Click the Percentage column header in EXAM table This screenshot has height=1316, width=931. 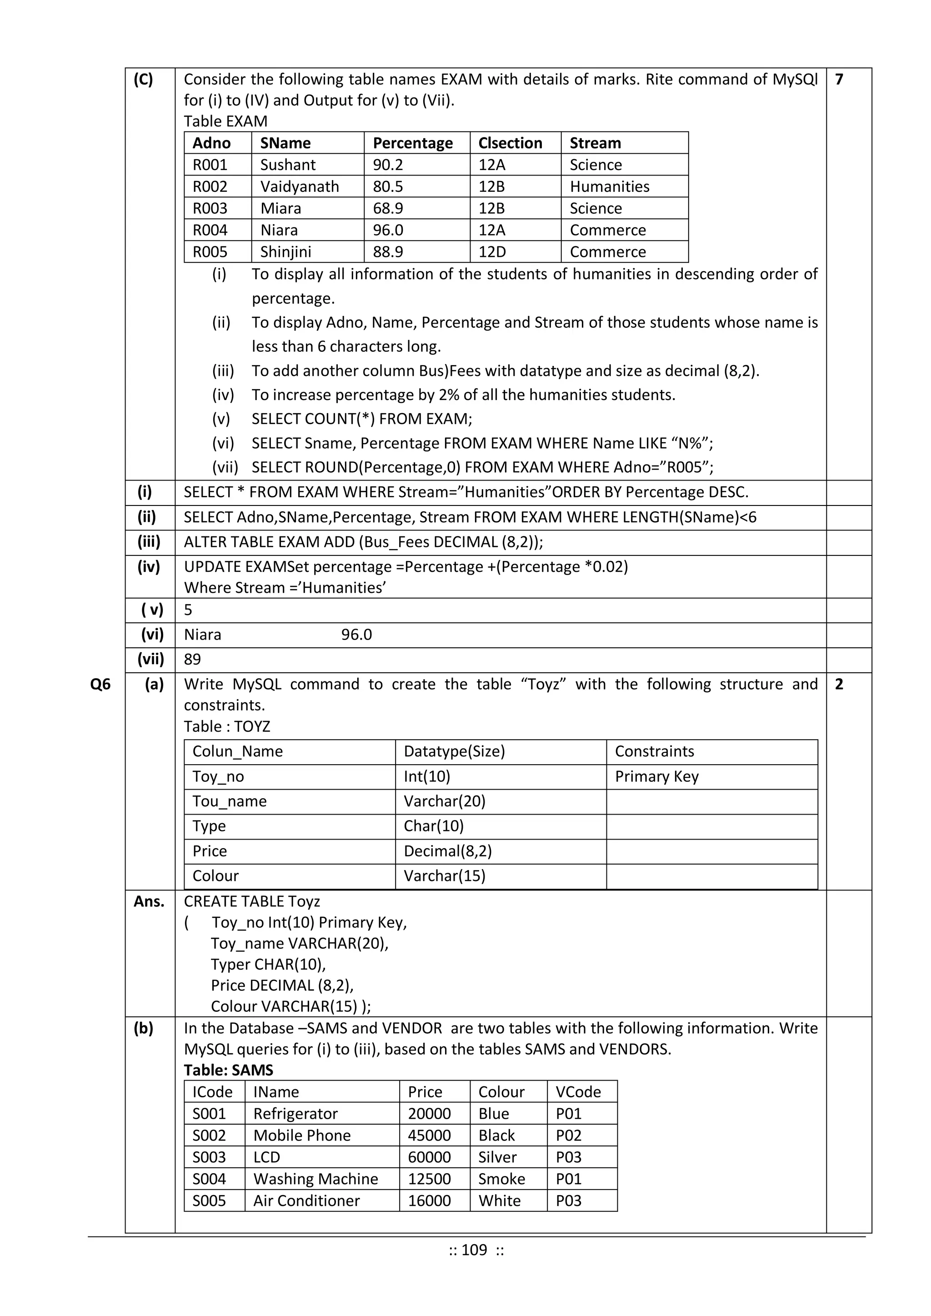pyautogui.click(x=412, y=143)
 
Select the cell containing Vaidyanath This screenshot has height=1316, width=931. pyautogui.click(x=299, y=186)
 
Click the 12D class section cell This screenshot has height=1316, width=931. pyautogui.click(x=492, y=252)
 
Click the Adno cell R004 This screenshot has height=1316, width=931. pyautogui.click(x=210, y=230)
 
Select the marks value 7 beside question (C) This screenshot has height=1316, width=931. pyautogui.click(x=839, y=79)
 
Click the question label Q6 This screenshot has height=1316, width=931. pyautogui.click(x=100, y=684)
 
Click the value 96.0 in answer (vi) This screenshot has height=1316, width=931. pyautogui.click(x=356, y=635)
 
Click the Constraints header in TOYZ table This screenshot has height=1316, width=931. pyautogui.click(x=654, y=751)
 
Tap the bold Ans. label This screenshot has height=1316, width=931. pyautogui.click(x=149, y=901)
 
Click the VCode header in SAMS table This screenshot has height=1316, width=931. pyautogui.click(x=578, y=1091)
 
